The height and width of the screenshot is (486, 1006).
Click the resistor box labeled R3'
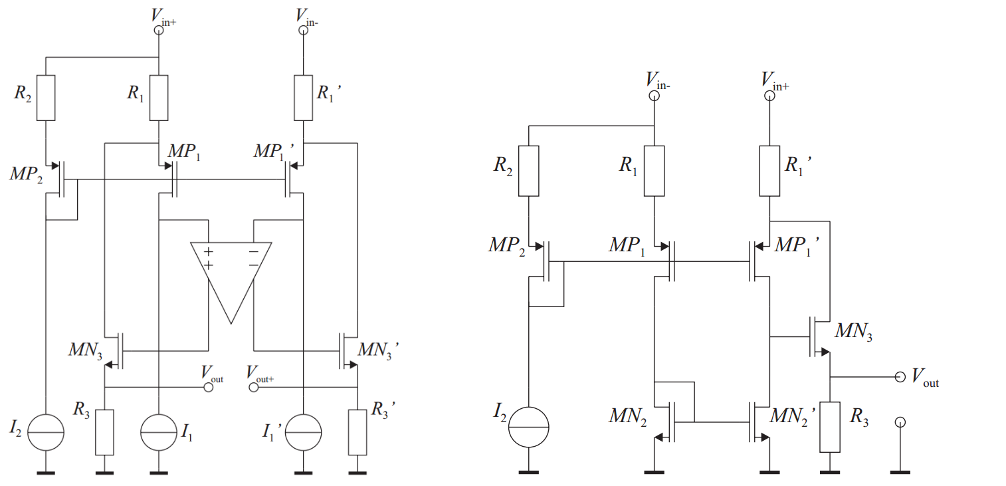[x=357, y=432]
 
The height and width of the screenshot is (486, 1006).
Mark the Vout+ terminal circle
[x=253, y=387]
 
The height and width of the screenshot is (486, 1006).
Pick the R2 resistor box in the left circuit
[x=45, y=98]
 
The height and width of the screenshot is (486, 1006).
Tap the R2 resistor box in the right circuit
[x=528, y=170]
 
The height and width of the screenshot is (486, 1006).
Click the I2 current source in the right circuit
[x=528, y=425]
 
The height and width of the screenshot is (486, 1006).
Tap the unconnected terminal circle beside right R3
[x=900, y=422]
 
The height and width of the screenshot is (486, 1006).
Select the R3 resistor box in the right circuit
[x=829, y=427]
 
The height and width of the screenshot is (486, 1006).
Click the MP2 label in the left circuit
[x=24, y=174]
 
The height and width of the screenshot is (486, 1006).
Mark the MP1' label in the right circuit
[x=797, y=245]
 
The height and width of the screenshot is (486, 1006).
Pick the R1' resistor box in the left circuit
[x=303, y=98]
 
